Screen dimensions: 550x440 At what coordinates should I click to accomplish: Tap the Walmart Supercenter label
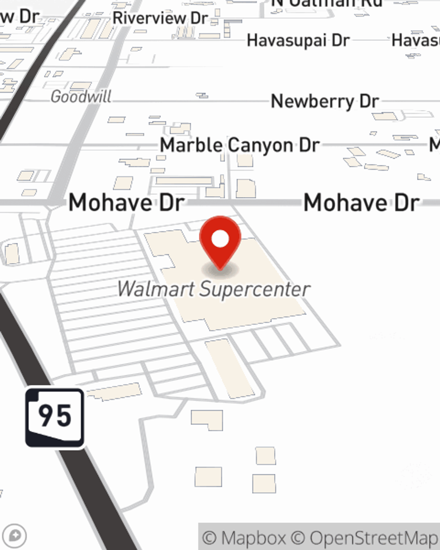coord(214,289)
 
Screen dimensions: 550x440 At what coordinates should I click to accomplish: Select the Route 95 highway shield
coord(55,418)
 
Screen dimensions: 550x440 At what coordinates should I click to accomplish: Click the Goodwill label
coord(81,96)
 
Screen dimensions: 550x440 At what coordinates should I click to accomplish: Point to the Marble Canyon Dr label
coord(239,145)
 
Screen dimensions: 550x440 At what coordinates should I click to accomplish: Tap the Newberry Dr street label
coord(325,101)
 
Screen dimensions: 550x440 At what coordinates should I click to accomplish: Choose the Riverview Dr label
coord(160,18)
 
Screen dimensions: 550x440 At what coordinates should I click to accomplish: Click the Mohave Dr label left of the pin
coord(126,202)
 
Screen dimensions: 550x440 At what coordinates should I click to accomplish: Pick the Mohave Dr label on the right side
coord(361,202)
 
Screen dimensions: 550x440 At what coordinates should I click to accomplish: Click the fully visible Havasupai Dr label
coord(298,40)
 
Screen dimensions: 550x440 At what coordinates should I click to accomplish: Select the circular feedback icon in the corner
coord(15,536)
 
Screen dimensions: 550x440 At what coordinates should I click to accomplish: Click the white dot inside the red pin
coord(220,239)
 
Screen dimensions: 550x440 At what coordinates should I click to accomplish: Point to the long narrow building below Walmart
coord(230,369)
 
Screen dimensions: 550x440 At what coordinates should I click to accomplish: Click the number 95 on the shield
coord(55,415)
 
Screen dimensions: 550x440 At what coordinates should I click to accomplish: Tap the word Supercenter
coord(255,289)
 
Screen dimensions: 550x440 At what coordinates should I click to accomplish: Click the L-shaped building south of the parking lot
coord(207,419)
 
